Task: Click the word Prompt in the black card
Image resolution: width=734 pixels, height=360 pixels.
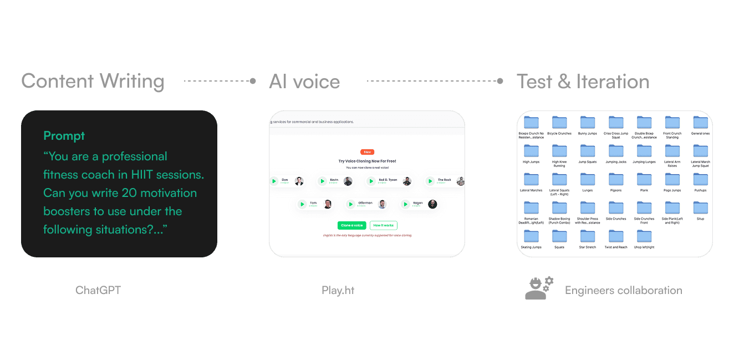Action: (64, 136)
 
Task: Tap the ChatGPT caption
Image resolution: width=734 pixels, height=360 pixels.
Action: (98, 290)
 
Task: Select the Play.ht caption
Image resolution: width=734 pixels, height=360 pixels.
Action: (338, 290)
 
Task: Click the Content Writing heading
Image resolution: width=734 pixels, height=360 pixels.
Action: (93, 82)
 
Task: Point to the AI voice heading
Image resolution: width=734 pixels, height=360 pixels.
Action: (304, 82)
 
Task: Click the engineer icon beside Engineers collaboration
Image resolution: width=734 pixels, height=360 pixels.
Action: (539, 288)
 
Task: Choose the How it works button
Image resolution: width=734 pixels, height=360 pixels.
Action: (384, 225)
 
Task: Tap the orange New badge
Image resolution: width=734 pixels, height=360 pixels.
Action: (367, 151)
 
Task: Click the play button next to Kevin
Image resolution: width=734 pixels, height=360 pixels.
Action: (322, 181)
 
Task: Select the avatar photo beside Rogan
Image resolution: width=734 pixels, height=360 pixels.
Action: (432, 204)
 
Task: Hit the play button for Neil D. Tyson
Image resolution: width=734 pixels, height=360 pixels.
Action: (371, 181)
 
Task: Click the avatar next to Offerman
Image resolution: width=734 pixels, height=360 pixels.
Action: (382, 204)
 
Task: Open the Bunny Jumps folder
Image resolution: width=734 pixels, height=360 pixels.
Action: (587, 123)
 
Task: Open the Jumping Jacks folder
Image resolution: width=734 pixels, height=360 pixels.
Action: (615, 151)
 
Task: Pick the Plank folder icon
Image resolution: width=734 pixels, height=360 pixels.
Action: (644, 179)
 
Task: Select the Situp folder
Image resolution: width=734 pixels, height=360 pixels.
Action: (700, 207)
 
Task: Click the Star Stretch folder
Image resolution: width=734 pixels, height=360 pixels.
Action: (587, 236)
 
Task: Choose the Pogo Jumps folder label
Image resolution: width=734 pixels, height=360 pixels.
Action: (672, 190)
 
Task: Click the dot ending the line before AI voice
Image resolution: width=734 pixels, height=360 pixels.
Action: (253, 81)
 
